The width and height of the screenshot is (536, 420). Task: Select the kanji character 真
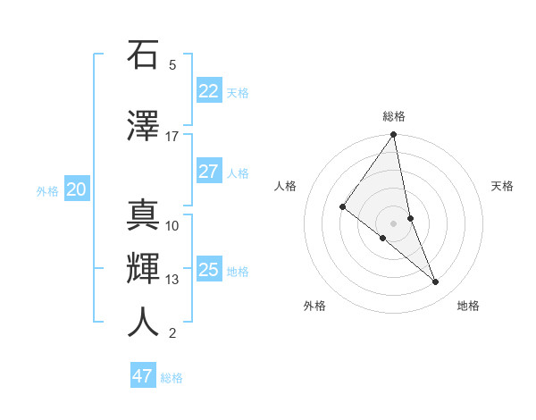tap(143, 215)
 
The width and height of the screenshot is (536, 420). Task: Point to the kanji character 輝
tap(143, 269)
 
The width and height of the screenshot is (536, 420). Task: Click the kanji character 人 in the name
tap(143, 323)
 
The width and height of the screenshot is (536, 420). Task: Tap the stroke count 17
tap(172, 137)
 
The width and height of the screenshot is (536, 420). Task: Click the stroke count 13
tap(172, 280)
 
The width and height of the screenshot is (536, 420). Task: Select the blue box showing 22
tap(208, 91)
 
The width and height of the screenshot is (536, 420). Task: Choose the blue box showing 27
tap(208, 172)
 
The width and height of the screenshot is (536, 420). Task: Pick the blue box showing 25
tap(208, 270)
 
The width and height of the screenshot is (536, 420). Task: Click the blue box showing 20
tap(77, 189)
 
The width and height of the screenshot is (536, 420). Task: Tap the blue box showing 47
tap(142, 376)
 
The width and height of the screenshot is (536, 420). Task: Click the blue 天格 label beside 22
tap(238, 93)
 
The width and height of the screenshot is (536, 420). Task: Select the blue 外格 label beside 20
tap(47, 191)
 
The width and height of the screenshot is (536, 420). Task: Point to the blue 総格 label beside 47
tap(172, 378)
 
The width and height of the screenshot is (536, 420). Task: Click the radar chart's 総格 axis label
tap(394, 116)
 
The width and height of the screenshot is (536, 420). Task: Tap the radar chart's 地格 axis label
tap(468, 306)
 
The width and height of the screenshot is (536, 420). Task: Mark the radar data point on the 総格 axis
tap(393, 136)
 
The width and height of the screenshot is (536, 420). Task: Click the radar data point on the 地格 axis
tap(435, 281)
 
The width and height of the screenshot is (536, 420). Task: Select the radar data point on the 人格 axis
tap(342, 207)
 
